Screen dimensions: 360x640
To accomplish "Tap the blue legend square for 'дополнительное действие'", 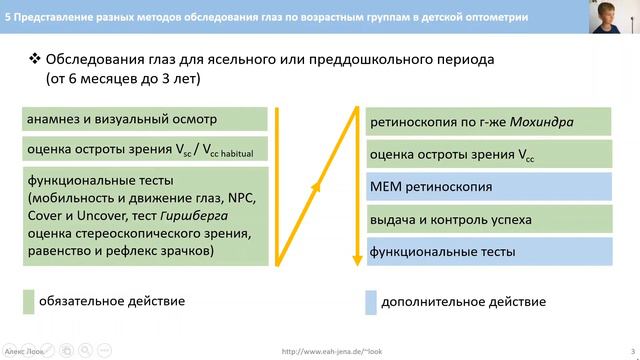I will point(371,301).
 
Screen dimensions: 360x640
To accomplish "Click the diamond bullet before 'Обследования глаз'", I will point(33,59).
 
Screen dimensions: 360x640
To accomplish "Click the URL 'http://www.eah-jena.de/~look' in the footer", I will point(332,351).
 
